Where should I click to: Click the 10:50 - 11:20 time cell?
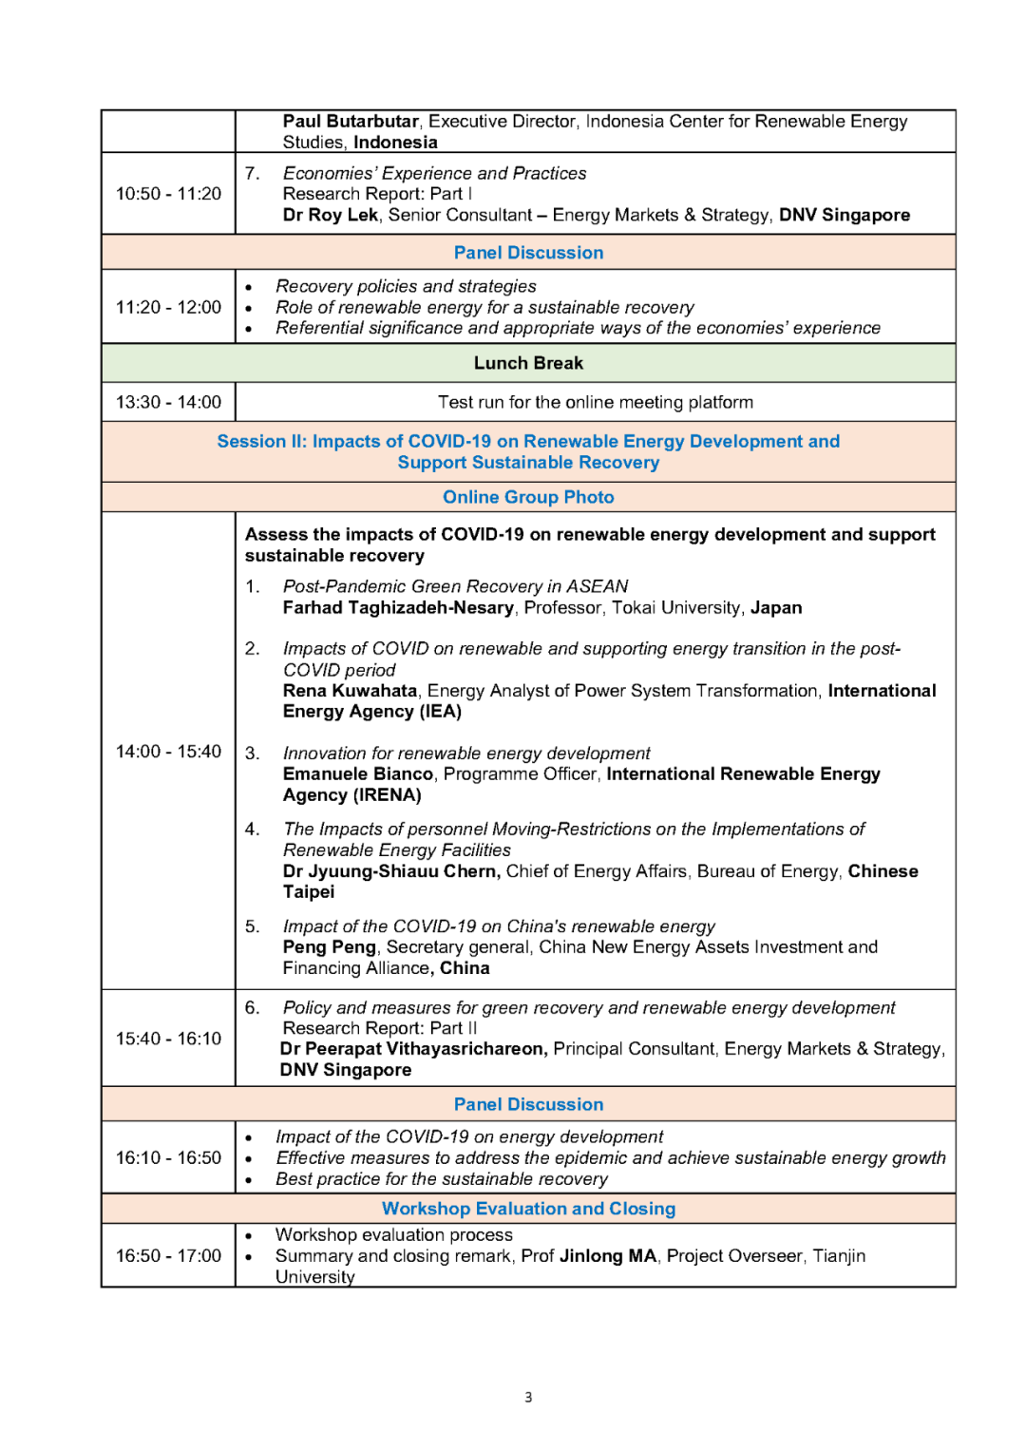click(x=168, y=194)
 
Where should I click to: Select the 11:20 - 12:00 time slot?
click(x=168, y=307)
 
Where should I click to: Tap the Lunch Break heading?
click(x=528, y=363)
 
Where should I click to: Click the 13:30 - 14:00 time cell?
click(x=168, y=402)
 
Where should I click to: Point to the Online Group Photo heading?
click(x=528, y=497)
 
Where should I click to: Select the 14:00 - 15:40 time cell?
click(x=168, y=752)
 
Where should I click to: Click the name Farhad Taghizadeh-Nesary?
click(x=398, y=608)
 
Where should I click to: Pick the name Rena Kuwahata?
click(x=350, y=691)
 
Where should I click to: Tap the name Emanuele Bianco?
click(x=358, y=774)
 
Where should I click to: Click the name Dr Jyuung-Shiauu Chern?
click(x=390, y=871)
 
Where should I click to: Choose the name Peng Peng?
click(x=329, y=947)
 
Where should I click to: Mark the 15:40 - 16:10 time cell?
click(x=168, y=1039)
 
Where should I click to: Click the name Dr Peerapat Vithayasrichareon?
click(x=413, y=1049)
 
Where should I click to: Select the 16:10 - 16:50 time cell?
click(x=168, y=1157)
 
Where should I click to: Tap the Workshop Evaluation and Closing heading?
click(x=528, y=1209)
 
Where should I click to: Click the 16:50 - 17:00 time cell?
click(x=168, y=1255)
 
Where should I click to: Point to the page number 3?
click(x=528, y=1397)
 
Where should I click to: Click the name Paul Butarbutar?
click(x=351, y=122)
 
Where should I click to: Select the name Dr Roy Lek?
click(x=331, y=216)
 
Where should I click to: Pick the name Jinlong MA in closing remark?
click(x=608, y=1256)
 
